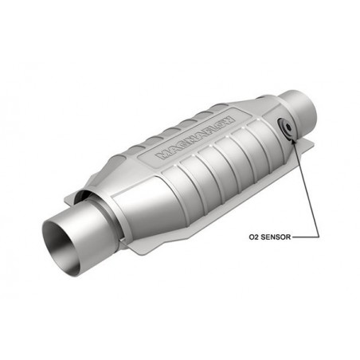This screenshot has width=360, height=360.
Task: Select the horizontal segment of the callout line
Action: [307, 237]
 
